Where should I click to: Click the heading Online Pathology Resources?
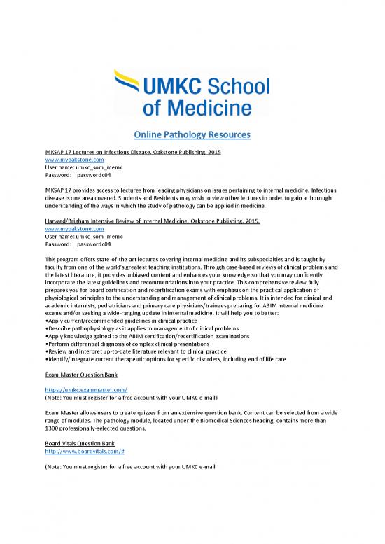pos(192,134)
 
